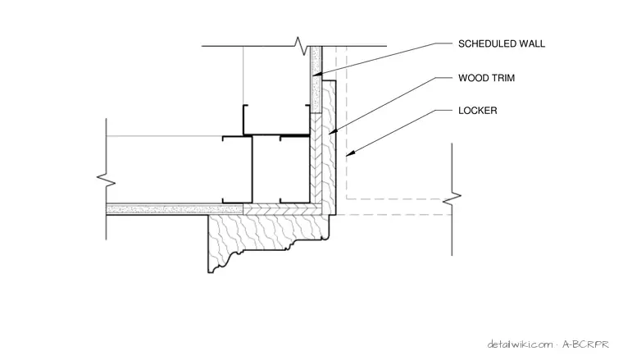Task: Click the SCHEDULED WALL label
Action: click(502, 43)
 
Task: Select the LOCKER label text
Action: click(478, 111)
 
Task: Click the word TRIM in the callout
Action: click(502, 78)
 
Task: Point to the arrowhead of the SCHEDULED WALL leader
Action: click(316, 75)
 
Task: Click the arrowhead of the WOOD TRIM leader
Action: click(333, 132)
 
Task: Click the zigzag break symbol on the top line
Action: click(301, 46)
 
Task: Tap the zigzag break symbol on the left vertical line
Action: click(106, 180)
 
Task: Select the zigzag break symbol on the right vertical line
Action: click(452, 198)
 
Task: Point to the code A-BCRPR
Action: click(585, 344)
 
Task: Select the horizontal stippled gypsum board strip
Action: click(175, 209)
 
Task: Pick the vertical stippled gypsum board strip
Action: click(316, 80)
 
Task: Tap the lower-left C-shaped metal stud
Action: click(237, 170)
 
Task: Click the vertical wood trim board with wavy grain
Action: click(329, 147)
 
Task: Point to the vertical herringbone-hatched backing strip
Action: click(316, 159)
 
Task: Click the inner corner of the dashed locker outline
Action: click(347, 198)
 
